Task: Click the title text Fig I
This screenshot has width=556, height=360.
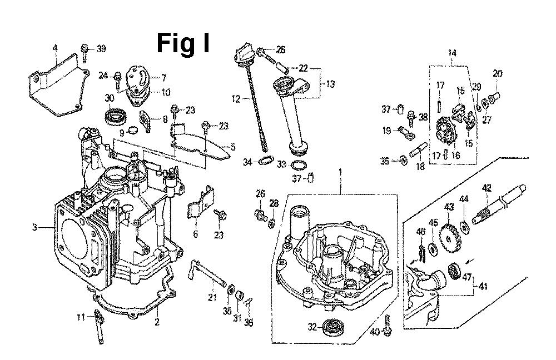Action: (x=183, y=42)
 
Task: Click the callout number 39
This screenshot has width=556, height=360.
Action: (x=100, y=49)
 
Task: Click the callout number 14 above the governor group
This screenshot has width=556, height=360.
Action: (x=452, y=53)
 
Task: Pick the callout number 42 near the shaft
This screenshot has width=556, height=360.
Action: (x=486, y=188)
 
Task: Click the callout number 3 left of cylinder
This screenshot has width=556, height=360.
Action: (x=35, y=227)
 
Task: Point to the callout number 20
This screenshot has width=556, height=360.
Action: (x=497, y=73)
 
